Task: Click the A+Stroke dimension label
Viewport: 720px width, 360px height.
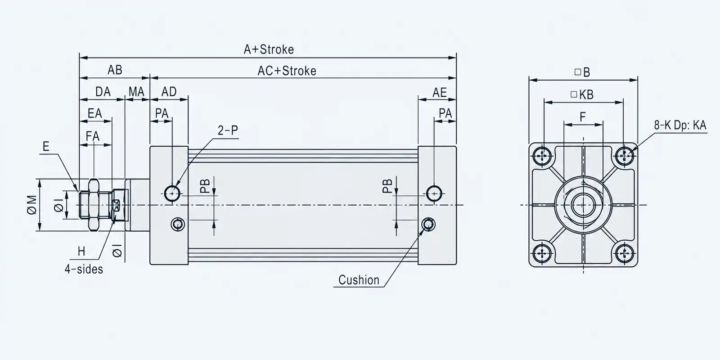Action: [x=269, y=49]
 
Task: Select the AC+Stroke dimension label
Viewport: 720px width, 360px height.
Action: [x=287, y=71]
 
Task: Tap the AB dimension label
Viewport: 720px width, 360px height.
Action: [x=115, y=70]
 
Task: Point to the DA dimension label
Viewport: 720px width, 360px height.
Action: [x=103, y=92]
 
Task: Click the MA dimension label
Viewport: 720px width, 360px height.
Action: [x=137, y=92]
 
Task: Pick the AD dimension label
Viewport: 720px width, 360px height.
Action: [x=169, y=92]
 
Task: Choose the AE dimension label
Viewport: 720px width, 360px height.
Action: [x=439, y=93]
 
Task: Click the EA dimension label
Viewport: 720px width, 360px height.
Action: [x=95, y=113]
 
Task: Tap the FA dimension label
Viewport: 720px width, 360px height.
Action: [x=93, y=136]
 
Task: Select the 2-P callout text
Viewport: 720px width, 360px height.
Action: [x=228, y=130]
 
